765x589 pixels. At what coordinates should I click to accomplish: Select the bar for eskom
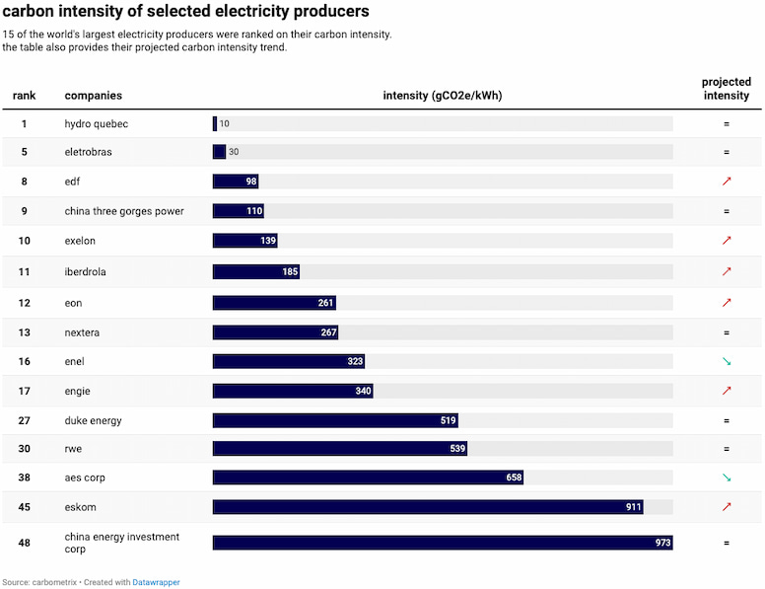point(428,507)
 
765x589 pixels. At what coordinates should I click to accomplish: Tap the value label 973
point(662,543)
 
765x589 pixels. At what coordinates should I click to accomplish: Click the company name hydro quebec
point(97,124)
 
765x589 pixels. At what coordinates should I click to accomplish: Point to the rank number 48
point(25,543)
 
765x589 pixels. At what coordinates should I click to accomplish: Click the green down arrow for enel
point(727,362)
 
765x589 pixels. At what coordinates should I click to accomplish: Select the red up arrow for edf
point(727,182)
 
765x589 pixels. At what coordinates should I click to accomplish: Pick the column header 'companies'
point(94,96)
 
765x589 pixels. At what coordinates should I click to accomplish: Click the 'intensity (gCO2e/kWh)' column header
point(443,96)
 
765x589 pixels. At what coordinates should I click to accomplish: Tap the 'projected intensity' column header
point(727,89)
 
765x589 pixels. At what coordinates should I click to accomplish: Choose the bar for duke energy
point(335,420)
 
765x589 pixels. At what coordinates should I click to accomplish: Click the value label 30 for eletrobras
point(234,152)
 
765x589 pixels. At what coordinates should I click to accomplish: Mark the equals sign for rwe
point(727,449)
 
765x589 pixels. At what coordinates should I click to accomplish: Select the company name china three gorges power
point(124,211)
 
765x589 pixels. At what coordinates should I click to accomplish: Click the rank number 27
point(25,420)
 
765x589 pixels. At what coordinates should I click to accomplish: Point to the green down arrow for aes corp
point(727,478)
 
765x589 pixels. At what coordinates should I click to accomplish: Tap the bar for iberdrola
point(256,271)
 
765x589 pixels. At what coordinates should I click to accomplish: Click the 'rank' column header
point(25,96)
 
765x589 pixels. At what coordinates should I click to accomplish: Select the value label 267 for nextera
point(329,332)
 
